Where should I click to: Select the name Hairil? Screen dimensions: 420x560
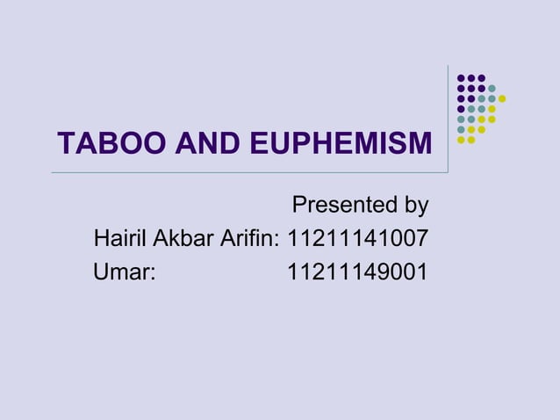tap(120, 238)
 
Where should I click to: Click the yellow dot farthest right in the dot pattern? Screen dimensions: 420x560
tap(502, 98)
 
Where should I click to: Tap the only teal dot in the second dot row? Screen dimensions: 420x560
tap(492, 88)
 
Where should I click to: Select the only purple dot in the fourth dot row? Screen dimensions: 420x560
tap(461, 109)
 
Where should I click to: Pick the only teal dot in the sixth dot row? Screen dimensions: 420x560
tap(461, 129)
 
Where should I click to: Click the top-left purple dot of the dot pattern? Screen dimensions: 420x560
tap(461, 78)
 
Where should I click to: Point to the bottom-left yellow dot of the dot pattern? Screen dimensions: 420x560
tap(461, 140)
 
